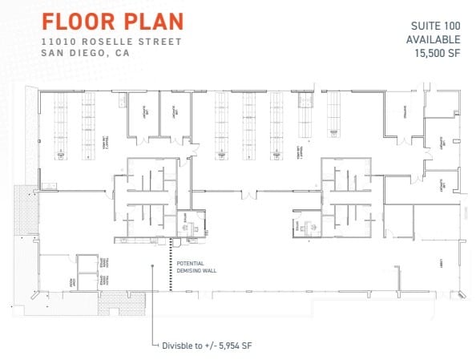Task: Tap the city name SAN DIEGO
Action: (75, 54)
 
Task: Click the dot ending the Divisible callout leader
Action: (151, 267)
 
